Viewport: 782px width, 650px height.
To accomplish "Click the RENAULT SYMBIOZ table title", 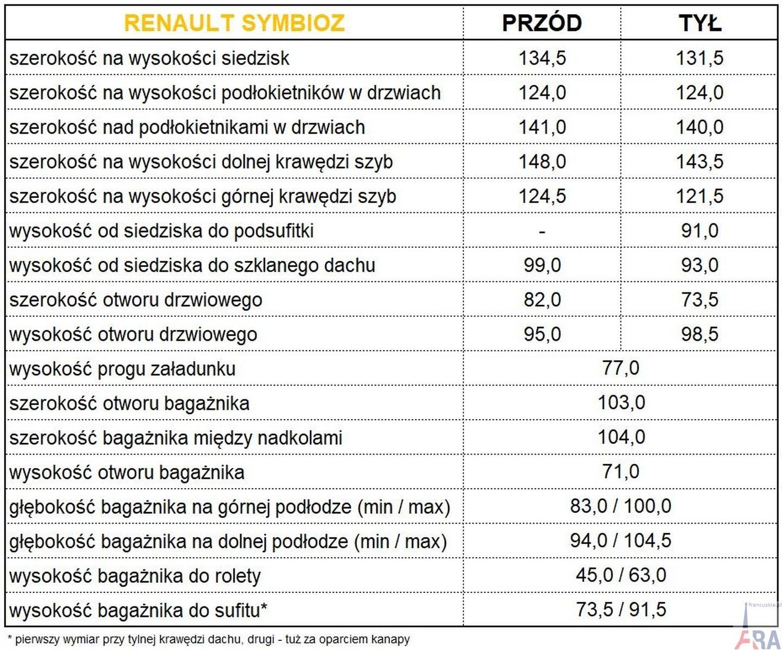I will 234,23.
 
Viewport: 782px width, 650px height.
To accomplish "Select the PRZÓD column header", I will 542,23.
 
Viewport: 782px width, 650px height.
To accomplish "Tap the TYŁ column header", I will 699,23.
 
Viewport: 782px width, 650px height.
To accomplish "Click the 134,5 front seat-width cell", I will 542,58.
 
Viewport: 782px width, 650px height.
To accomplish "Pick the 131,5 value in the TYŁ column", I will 699,58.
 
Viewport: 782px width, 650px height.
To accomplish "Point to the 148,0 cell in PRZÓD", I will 542,162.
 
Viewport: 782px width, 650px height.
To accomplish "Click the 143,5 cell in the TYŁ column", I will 699,162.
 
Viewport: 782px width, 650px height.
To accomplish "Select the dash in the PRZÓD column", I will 542,231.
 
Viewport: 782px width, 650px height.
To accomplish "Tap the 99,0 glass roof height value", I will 542,266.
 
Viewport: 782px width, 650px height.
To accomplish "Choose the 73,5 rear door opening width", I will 699,300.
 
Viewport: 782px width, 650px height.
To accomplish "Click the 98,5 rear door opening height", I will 699,334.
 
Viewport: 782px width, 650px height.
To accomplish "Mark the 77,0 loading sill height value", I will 621,368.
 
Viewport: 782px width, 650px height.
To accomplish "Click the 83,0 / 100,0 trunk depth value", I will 621,506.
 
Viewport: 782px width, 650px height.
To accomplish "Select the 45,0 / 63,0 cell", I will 621,575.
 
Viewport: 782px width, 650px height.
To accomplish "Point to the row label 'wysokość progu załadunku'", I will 123,369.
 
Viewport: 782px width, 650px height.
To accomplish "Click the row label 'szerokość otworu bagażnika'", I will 129,403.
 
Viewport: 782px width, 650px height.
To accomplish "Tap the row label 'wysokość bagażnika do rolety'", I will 135,576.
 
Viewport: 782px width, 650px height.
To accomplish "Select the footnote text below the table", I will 209,639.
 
